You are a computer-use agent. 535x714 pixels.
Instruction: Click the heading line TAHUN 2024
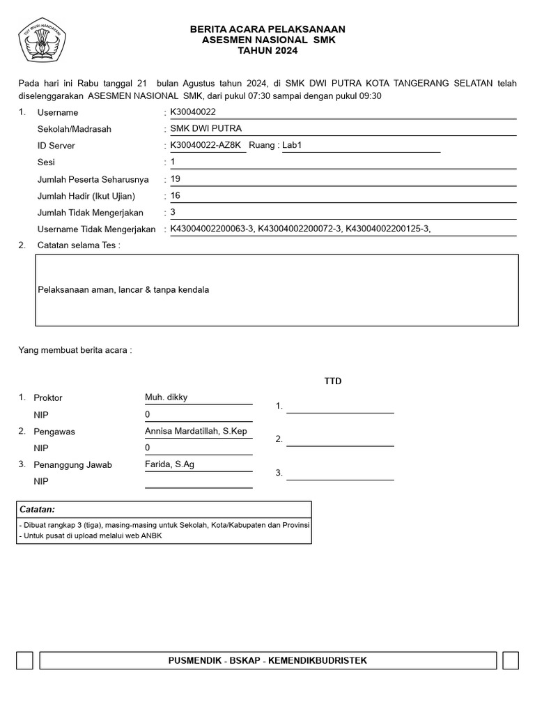point(267,51)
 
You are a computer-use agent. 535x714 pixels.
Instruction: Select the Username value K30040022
point(193,112)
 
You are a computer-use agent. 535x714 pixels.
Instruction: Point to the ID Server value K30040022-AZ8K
point(206,145)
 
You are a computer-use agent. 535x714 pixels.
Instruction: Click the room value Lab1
point(293,145)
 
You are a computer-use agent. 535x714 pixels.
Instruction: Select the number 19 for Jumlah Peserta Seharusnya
point(176,178)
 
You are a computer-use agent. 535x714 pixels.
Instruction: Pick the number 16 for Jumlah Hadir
point(176,195)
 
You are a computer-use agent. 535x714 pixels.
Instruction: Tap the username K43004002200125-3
point(385,229)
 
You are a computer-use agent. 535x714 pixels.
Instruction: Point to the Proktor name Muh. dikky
point(166,397)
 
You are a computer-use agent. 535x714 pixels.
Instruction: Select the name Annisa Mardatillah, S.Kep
point(196,431)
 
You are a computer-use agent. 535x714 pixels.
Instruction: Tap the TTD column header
point(333,381)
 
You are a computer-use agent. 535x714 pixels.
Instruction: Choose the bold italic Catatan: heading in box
point(37,510)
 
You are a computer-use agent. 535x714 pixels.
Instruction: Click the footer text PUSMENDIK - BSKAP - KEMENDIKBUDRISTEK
point(267,660)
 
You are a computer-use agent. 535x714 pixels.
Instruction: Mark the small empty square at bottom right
point(510,660)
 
